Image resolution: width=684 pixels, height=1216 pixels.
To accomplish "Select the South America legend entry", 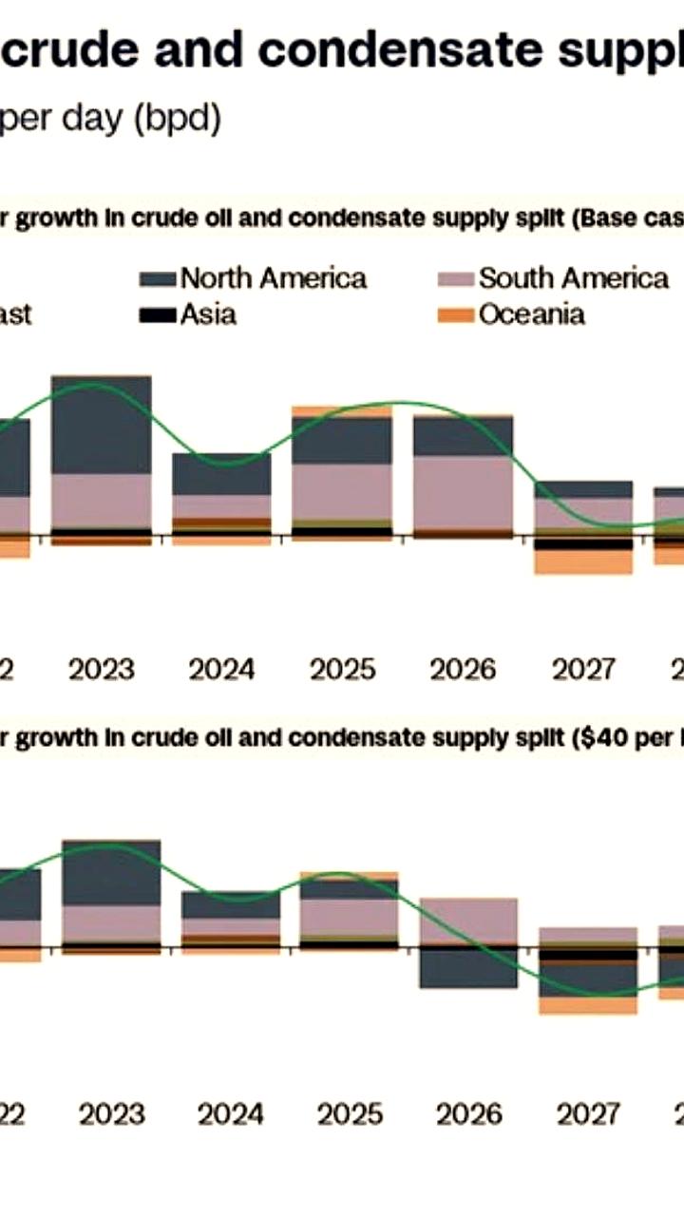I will point(573,278).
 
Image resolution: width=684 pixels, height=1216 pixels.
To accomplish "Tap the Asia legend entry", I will point(208,314).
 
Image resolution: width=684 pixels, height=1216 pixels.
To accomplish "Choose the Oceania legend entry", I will point(531,314).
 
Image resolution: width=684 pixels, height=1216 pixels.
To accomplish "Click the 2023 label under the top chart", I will point(102,670).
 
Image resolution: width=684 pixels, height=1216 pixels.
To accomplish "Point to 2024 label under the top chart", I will point(221,670).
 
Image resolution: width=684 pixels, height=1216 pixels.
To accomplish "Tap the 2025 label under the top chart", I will point(342,670).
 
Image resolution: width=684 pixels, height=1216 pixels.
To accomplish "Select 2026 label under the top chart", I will point(463,670).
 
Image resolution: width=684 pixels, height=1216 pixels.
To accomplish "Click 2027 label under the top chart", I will point(583,670).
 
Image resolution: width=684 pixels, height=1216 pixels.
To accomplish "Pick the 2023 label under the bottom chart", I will point(111,1113).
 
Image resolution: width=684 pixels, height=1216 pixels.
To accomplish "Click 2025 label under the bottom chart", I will point(351,1113).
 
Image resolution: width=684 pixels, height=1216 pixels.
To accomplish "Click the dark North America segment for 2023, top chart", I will point(101,425).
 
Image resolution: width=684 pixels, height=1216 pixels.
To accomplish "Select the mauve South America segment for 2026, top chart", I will point(463,492).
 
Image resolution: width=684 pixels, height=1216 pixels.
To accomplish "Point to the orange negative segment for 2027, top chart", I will point(583,562).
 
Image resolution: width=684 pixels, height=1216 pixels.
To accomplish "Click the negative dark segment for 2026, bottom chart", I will point(468,968).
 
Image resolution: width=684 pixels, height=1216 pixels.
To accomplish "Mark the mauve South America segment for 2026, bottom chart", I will point(468,921).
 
